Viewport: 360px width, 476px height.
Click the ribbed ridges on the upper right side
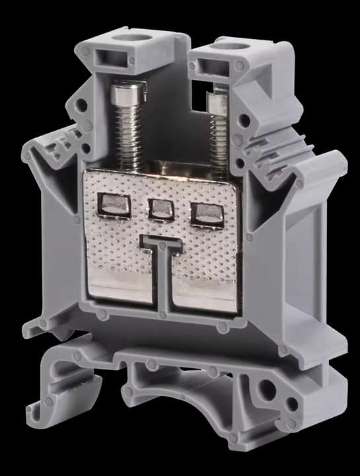[261, 149]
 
